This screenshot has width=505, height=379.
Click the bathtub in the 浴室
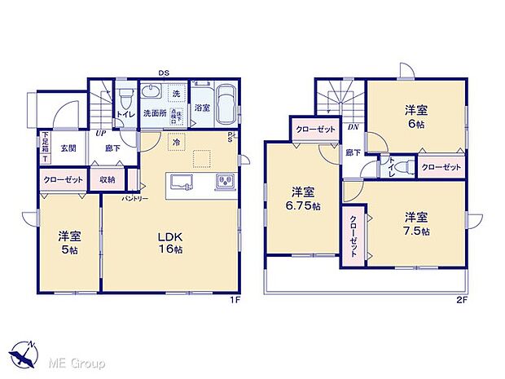tap(225, 104)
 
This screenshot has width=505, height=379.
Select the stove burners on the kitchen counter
tap(224, 179)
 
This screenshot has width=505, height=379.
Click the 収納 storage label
tap(108, 179)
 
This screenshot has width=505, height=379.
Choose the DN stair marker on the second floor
tap(353, 127)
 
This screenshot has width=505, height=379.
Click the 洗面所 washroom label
tap(155, 112)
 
